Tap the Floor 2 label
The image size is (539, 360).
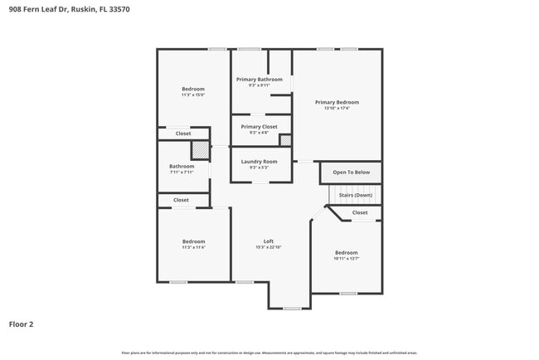click(21, 324)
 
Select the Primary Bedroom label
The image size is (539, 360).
click(337, 102)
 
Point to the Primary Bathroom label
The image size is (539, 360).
click(259, 80)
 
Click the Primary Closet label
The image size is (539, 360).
click(259, 126)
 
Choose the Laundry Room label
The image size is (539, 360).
click(259, 161)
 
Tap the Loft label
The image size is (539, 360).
click(269, 241)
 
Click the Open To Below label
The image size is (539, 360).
click(351, 173)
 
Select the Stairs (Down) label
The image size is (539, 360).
click(355, 195)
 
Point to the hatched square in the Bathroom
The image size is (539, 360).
click(200, 149)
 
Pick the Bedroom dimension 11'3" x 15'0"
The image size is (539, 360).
click(193, 95)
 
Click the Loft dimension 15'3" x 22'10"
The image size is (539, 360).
click(269, 247)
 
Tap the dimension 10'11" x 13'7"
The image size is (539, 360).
click(346, 258)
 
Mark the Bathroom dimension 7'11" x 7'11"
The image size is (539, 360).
click(182, 173)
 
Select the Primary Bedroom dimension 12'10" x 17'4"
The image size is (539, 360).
click(337, 108)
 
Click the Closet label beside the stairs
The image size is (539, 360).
click(360, 212)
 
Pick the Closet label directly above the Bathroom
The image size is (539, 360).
click(182, 133)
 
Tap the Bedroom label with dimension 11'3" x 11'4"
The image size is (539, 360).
click(193, 241)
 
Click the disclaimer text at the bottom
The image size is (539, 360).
click(269, 353)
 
